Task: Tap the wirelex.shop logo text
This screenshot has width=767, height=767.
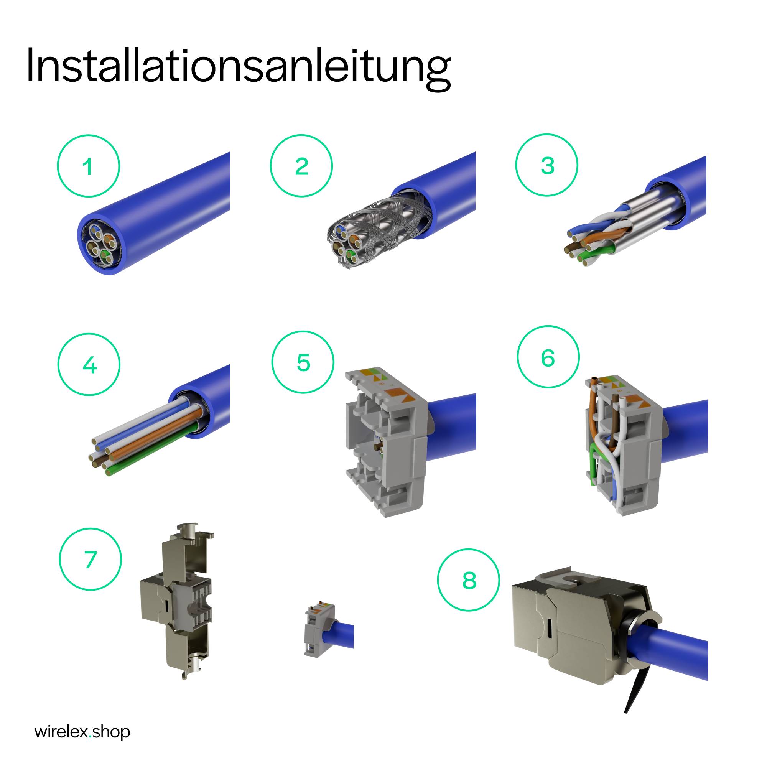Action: point(82,731)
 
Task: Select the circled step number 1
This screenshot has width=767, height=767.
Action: point(89,166)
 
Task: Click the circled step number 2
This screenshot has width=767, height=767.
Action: point(301,166)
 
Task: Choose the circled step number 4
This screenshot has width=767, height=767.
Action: point(89,364)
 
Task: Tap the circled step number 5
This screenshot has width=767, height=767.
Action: point(303,362)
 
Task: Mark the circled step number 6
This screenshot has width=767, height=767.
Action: point(548,357)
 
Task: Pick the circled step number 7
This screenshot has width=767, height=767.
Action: point(91,560)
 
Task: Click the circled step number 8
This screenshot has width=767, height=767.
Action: point(469,580)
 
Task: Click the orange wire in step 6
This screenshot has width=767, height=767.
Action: point(591,413)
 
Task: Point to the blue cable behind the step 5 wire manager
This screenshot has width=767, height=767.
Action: point(453,423)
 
